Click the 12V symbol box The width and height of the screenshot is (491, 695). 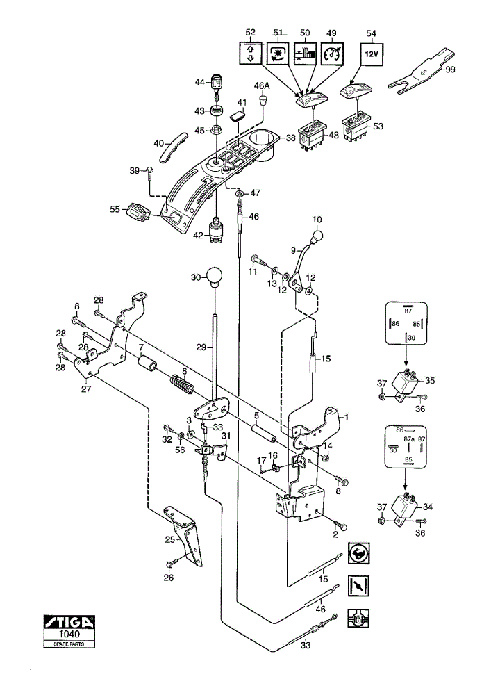(x=372, y=54)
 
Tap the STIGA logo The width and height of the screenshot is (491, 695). (x=69, y=621)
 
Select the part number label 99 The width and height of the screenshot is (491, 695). (x=450, y=69)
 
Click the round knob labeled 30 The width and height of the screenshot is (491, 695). (x=215, y=277)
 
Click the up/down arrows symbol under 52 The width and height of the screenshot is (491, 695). (x=251, y=54)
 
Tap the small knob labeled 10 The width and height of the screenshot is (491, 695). (x=317, y=236)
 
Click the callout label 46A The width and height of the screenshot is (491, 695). (x=261, y=85)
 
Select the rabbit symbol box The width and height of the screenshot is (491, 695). (x=358, y=553)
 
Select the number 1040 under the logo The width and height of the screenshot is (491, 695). (x=69, y=635)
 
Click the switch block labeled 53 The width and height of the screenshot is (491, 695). (x=357, y=126)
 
